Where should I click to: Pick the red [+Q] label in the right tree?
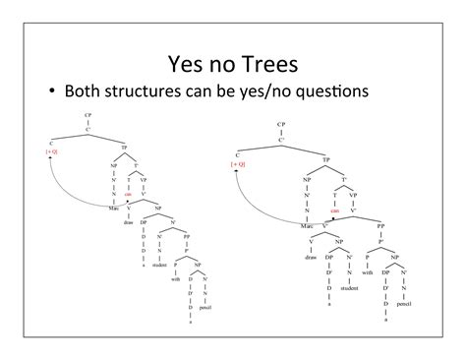239,164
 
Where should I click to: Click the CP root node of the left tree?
88,117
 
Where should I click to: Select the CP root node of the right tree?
282,126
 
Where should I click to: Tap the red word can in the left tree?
128,194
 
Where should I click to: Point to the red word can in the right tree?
334,210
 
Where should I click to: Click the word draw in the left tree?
126,221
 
